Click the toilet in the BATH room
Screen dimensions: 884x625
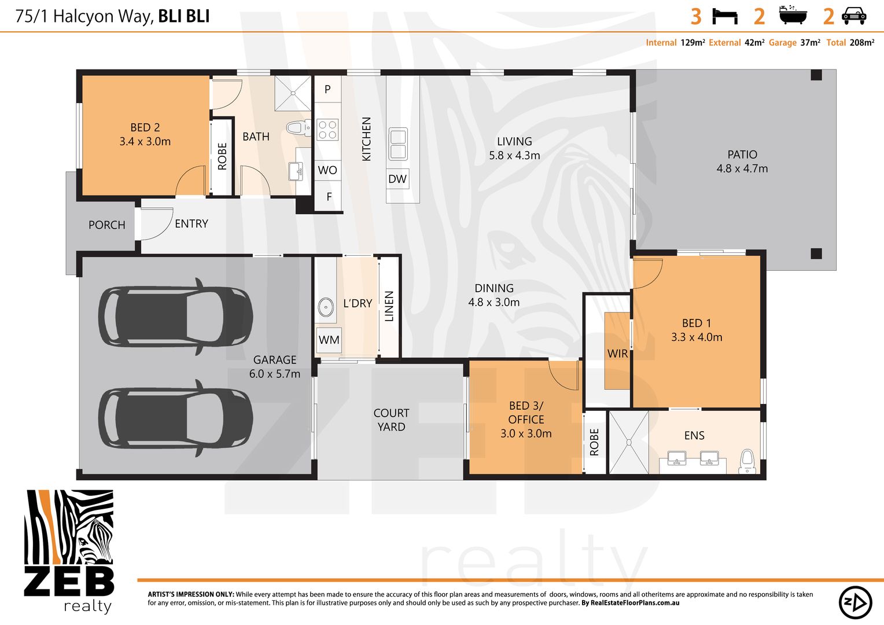[299, 128]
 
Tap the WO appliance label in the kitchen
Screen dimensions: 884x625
[327, 170]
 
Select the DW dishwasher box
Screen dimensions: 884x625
[397, 179]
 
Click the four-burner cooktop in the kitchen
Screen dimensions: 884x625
[327, 130]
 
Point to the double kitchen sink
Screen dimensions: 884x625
[398, 144]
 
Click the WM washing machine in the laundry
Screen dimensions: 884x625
[329, 340]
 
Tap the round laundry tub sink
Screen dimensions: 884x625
[326, 307]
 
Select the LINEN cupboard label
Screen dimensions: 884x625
[389, 306]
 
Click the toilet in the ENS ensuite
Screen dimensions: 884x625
[747, 461]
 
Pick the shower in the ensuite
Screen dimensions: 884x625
[629, 442]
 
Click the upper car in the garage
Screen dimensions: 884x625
[176, 317]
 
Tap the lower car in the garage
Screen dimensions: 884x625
[176, 418]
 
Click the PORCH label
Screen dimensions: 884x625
[106, 225]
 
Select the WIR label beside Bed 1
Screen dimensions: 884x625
[618, 354]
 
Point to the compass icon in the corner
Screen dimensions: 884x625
[855, 602]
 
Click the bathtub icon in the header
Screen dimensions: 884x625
[793, 14]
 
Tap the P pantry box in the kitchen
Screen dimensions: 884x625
[327, 89]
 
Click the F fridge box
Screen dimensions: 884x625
[329, 196]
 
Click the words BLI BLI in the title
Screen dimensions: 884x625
[184, 16]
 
